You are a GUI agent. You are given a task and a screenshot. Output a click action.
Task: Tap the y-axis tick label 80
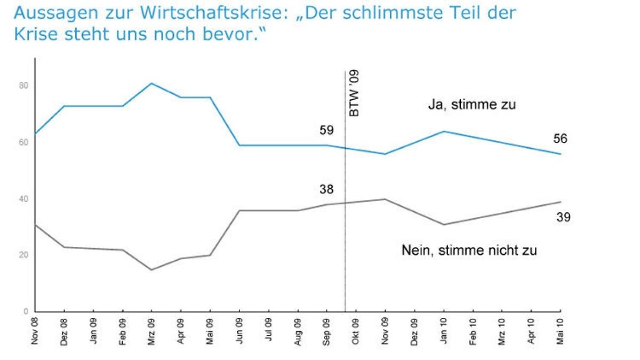[x=23, y=86]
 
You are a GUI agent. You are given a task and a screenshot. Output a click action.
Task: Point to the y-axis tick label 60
[x=23, y=142]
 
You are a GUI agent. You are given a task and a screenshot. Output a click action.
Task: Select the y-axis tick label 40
[x=23, y=199]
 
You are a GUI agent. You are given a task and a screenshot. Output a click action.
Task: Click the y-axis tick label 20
[x=23, y=255]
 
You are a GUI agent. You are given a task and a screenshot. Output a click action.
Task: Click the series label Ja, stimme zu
[x=471, y=105]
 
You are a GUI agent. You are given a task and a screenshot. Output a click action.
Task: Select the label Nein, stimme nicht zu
[x=469, y=250]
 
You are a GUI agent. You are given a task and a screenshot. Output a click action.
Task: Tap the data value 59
[x=327, y=131]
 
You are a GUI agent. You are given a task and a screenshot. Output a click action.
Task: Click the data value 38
[x=327, y=189]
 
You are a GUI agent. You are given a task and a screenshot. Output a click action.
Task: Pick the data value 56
[x=559, y=139]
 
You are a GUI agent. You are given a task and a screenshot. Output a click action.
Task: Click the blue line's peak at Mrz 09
[x=151, y=83]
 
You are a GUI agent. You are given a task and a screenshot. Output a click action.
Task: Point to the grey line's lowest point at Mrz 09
[x=151, y=269]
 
